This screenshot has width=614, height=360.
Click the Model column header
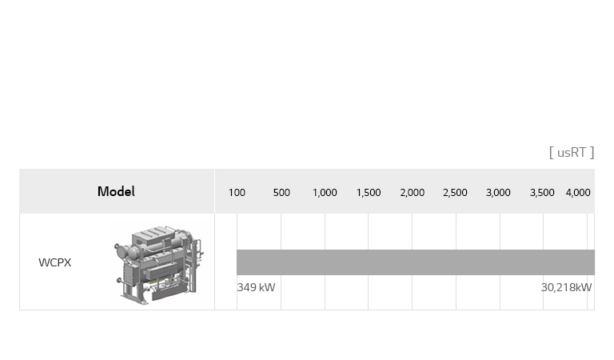click(116, 191)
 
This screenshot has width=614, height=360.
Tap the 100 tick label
click(237, 193)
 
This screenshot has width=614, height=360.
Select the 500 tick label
click(281, 193)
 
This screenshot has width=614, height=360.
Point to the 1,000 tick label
click(325, 193)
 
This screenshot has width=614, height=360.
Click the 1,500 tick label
click(369, 193)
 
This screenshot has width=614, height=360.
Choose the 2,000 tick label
click(413, 193)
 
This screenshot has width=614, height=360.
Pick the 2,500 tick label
click(455, 193)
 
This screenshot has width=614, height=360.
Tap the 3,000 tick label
click(498, 193)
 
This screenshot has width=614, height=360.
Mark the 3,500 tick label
click(542, 193)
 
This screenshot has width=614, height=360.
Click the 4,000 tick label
click(578, 193)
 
